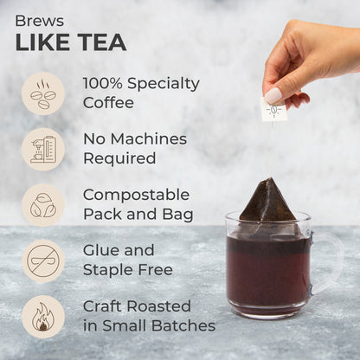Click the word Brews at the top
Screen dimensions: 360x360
click(40, 21)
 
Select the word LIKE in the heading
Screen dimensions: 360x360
click(42, 42)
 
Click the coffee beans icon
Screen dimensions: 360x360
click(43, 93)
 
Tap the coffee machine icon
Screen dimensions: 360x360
click(43, 150)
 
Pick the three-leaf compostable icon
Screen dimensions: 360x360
click(43, 205)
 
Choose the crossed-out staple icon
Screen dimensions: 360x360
click(43, 260)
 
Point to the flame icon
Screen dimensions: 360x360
click(43, 317)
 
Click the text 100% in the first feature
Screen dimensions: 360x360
click(103, 83)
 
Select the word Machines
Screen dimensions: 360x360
click(149, 139)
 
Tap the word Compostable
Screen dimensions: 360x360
click(136, 195)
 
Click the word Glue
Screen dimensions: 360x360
click(100, 250)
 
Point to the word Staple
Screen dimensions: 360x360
click(108, 270)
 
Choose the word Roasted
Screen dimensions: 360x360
click(159, 306)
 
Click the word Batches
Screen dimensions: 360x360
click(183, 325)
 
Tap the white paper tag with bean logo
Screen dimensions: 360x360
click(273, 109)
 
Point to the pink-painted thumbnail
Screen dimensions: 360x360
click(273, 95)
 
